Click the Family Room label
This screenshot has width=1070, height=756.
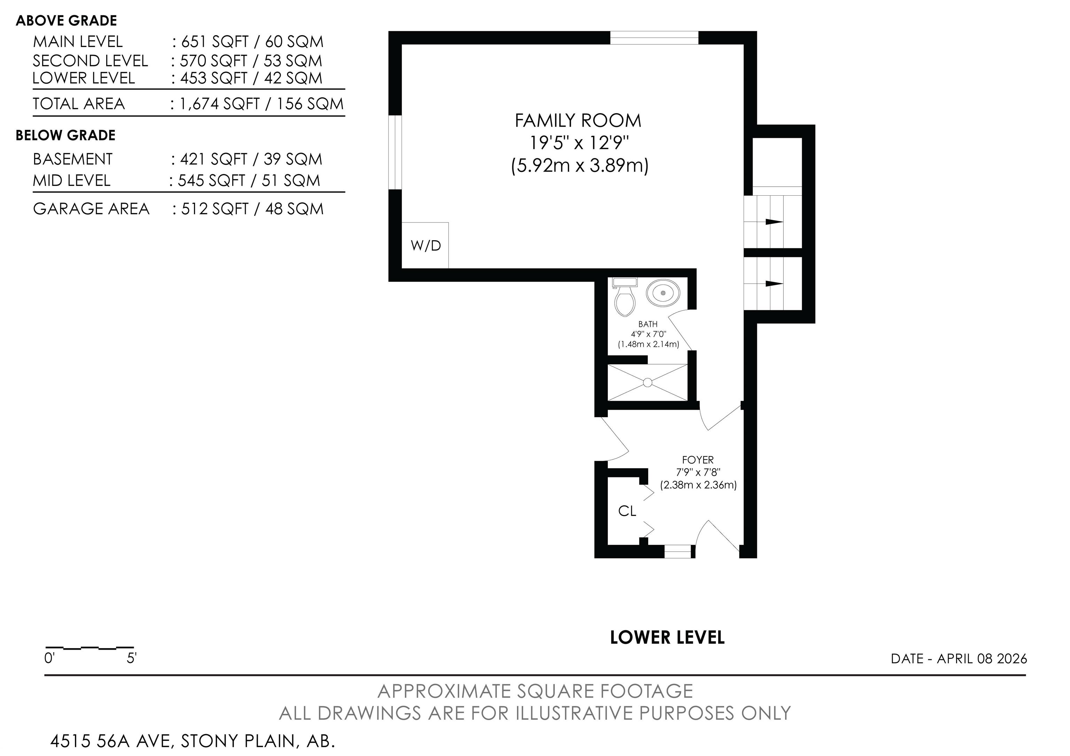point(578,120)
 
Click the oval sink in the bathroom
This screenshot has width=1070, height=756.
point(663,293)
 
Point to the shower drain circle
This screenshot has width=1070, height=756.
point(647,382)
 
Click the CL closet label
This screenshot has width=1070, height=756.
point(627,511)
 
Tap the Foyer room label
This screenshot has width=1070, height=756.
point(698,460)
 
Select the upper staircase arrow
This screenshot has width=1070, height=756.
point(774,222)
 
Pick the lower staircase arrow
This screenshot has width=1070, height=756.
point(774,283)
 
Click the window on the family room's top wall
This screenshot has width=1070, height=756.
point(654,38)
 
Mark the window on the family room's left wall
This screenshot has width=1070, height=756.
point(395,152)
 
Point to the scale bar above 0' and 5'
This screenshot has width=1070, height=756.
point(90,648)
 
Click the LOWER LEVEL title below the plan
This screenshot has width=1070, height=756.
point(667,638)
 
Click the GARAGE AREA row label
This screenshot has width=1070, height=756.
point(91,209)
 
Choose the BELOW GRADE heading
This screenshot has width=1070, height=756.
point(66,135)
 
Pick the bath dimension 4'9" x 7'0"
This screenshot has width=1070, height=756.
point(649,334)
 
